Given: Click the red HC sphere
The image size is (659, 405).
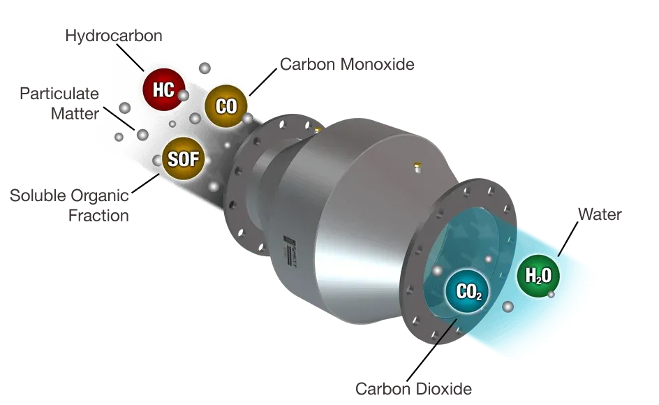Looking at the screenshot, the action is point(163,89).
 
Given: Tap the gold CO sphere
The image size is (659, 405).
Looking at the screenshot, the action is point(226,106).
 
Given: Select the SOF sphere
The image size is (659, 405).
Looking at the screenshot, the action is point(183,159).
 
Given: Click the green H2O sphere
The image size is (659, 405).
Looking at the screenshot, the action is point(538,276).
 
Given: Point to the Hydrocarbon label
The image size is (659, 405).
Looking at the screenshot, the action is point(114,36).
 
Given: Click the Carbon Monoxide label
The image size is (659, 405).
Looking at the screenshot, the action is point(347,64).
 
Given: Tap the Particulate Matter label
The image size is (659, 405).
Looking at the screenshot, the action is point(59,103).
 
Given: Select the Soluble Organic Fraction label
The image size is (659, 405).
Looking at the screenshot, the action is point(69,206).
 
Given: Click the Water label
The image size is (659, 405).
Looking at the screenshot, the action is point(600,214).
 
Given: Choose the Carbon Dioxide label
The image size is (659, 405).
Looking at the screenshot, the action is point(413,389).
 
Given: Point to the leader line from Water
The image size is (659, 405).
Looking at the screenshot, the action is point(568,239).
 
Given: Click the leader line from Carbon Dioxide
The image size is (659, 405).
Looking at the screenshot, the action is point(431,351).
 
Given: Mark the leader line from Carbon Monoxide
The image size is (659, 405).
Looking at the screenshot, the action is point(263,82).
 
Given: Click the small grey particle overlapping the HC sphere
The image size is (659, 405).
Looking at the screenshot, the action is point(183,96).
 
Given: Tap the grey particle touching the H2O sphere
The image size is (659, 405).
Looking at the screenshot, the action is point(551,295).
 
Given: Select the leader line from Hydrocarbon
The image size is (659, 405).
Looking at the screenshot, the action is point(130,57).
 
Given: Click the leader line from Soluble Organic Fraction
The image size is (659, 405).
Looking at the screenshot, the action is point(146,184).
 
